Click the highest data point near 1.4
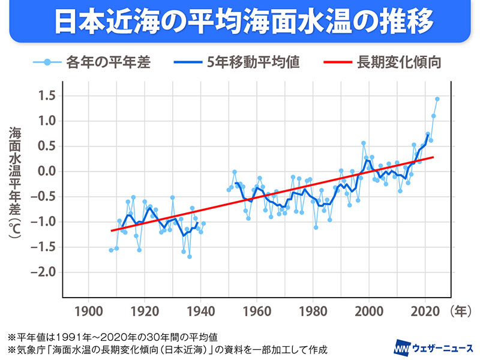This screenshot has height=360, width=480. (x=437, y=99)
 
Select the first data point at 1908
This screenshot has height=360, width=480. (x=111, y=250)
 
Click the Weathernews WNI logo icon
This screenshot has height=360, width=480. (x=401, y=347)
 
